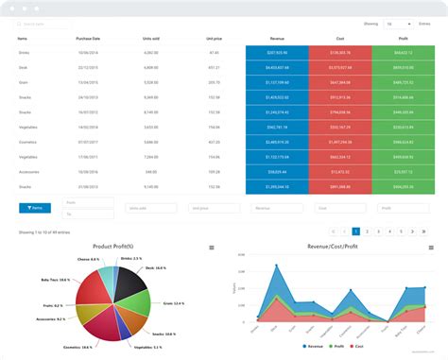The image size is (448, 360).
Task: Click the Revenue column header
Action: coord(276,39)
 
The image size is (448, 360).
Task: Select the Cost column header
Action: coord(339,39)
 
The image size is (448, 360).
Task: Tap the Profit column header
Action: coord(404,39)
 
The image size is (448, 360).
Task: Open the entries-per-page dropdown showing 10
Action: coord(396,24)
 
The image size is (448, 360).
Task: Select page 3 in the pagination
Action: coord(379,231)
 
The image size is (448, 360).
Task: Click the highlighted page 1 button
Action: coord(355,231)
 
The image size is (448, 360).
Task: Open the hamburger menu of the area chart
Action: coord(431,248)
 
